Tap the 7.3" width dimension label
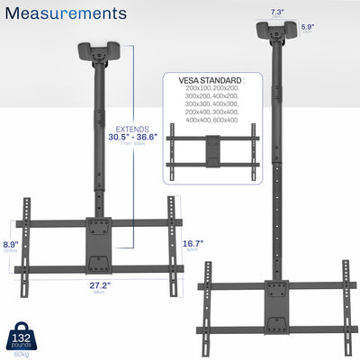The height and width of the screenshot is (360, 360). tap(276, 12)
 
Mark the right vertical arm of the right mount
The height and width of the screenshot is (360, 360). tap(344, 300)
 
